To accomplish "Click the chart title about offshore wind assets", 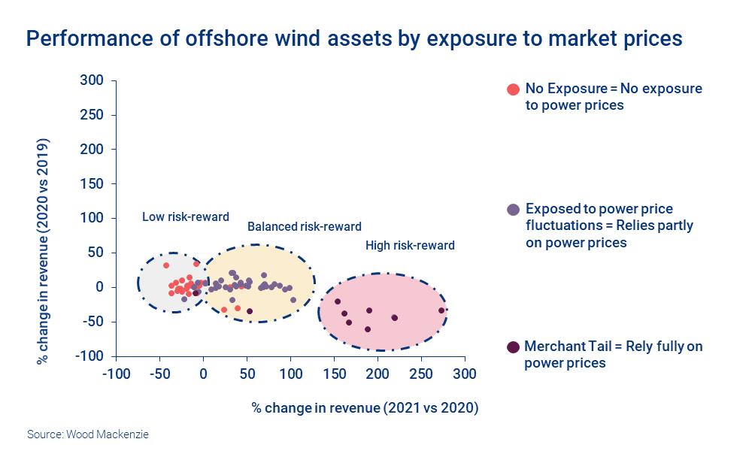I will point(354,39).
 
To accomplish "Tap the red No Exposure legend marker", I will point(514,89).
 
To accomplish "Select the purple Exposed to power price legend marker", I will point(514,209).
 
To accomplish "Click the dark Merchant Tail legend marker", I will point(514,347).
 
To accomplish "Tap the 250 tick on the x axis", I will point(421,374).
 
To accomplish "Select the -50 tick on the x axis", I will point(159,374).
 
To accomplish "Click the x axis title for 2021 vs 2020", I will point(365,408).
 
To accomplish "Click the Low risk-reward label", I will point(185,217).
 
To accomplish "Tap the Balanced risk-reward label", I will point(305,226).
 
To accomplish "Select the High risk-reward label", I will point(410,245).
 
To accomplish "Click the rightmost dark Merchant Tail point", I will point(441,310).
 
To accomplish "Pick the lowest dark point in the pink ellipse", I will point(368,329).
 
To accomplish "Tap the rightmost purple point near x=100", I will point(293,300).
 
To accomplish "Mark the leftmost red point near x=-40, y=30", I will point(166,265).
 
